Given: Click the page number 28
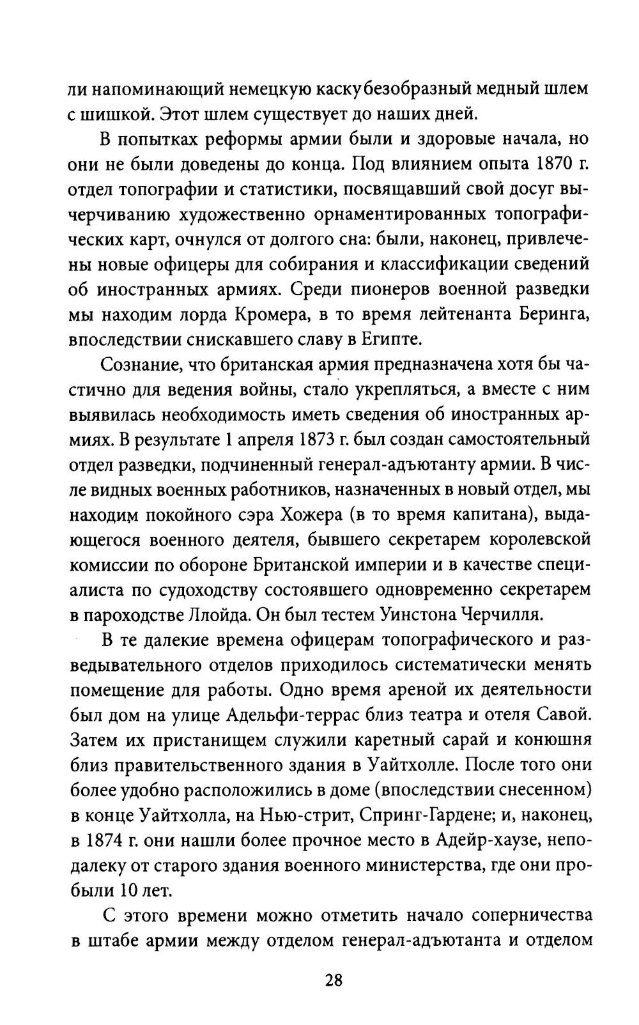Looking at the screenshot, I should point(333,980).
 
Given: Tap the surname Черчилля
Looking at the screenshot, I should point(499,615).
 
